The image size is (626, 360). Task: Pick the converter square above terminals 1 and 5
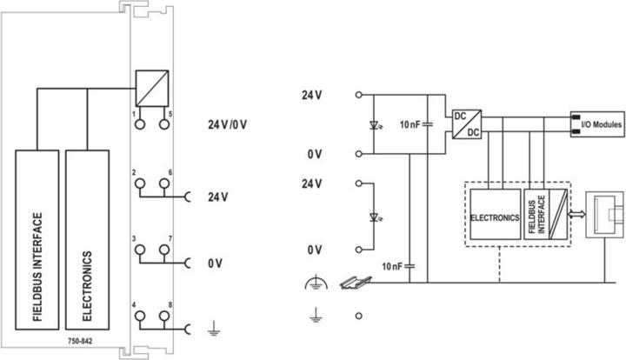tap(150, 89)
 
